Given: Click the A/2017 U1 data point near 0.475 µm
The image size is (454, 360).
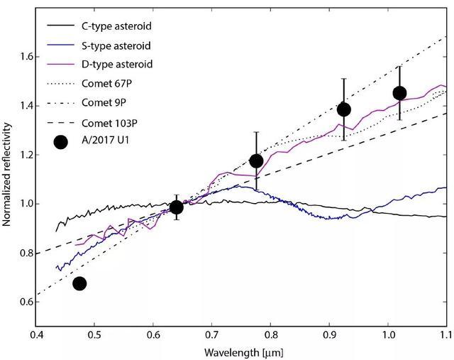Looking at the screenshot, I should pos(79,283).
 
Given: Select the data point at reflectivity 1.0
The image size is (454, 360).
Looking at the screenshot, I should pos(177,207).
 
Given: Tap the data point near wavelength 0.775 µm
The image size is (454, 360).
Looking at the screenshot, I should pos(256,160).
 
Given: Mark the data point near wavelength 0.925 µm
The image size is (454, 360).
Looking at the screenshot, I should pos(344,109).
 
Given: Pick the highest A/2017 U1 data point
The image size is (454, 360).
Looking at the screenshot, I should pos(399,93).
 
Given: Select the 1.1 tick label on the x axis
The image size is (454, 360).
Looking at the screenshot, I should pos(446,334).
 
